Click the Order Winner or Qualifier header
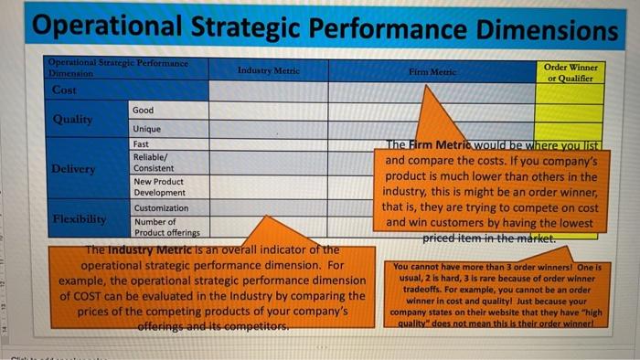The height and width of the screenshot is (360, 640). (571, 73)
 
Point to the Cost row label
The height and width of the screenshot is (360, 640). (65, 91)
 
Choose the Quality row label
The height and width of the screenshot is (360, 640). (71, 119)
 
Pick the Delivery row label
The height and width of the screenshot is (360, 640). (73, 168)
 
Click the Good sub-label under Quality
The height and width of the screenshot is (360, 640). (144, 110)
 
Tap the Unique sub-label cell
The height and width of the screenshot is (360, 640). (146, 129)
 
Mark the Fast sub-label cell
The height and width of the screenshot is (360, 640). (142, 144)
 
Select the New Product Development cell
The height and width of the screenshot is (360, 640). (158, 187)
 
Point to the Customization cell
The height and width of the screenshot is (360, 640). (161, 208)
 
